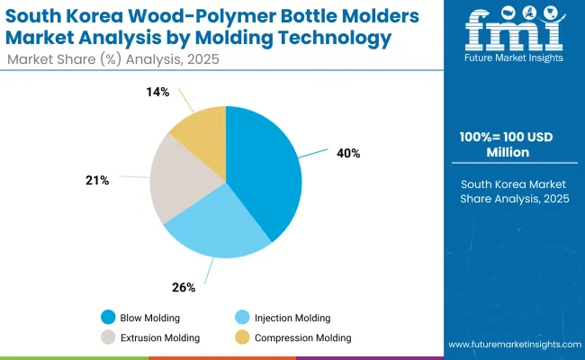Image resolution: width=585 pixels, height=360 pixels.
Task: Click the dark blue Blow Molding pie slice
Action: (x=265, y=171)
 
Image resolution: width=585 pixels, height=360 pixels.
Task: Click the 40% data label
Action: (x=348, y=153)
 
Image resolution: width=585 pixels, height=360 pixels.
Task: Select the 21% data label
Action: (x=97, y=181)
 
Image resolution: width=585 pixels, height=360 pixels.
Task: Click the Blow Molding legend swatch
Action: (x=108, y=318)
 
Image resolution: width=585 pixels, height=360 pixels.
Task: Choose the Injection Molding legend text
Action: (x=292, y=318)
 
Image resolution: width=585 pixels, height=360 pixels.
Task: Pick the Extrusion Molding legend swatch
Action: (x=108, y=337)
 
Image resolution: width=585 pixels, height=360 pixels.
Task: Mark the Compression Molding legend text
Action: (x=304, y=337)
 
